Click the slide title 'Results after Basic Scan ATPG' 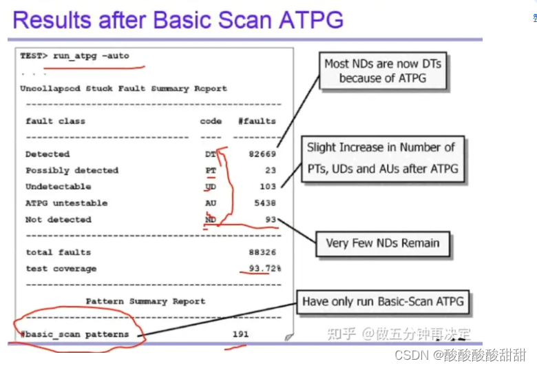[x=178, y=19]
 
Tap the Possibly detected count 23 [x=269, y=170]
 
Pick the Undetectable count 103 [x=267, y=187]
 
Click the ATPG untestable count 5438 [x=264, y=203]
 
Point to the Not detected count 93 [x=269, y=220]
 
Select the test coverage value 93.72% [x=264, y=269]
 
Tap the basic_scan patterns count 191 [x=240, y=334]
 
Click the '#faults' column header [x=257, y=121]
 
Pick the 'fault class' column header [x=55, y=121]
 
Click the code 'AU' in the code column [x=210, y=203]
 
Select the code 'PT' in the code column [x=210, y=170]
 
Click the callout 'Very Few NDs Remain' [x=382, y=243]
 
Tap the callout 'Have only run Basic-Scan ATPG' [x=383, y=301]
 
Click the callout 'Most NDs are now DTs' [x=383, y=70]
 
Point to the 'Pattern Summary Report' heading [x=145, y=301]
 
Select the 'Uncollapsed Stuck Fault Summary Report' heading [x=123, y=89]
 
